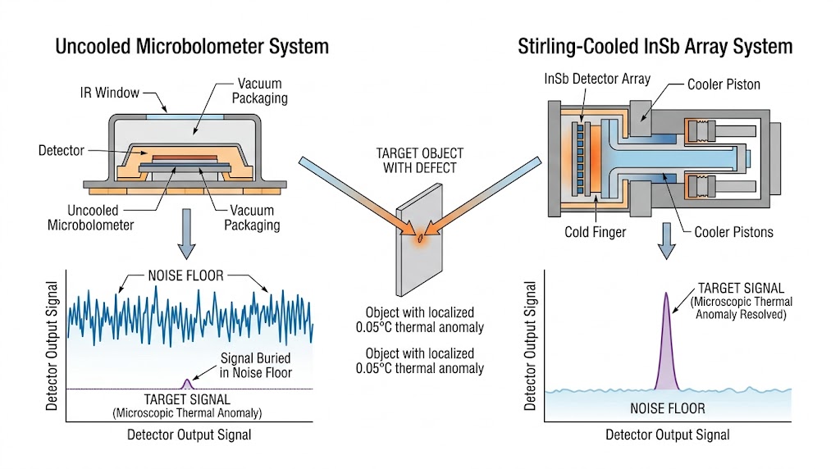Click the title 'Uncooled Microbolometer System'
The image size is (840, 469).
click(x=191, y=46)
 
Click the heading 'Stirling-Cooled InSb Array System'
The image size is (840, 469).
click(x=655, y=46)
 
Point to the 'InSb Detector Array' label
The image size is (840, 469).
click(x=597, y=79)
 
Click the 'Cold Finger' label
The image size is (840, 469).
click(x=596, y=232)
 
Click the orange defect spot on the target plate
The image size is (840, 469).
click(x=420, y=239)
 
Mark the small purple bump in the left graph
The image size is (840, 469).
click(x=187, y=383)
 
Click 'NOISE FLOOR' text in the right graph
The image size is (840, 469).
click(x=667, y=408)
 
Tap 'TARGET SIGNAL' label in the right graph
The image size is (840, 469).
click(x=741, y=288)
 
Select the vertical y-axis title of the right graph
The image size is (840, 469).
click(x=530, y=344)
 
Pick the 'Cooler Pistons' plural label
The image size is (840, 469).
click(x=733, y=232)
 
